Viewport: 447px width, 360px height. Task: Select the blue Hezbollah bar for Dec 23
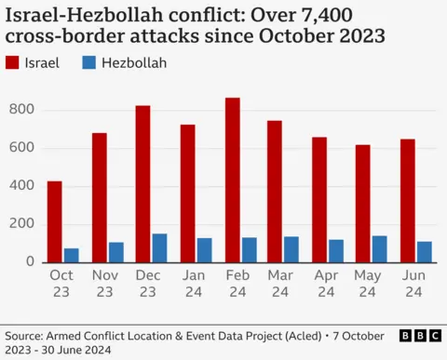[x=160, y=247]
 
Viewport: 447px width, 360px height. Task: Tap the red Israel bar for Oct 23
[x=55, y=221]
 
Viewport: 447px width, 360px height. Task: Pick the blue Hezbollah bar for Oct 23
[x=72, y=255]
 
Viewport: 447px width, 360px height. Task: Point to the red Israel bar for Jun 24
[x=408, y=200]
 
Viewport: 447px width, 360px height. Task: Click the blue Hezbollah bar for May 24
[x=380, y=248]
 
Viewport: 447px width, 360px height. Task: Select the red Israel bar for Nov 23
[x=100, y=197]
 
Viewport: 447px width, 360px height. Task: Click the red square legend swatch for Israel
[x=13, y=63]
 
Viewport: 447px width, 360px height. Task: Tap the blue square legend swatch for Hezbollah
[x=88, y=63]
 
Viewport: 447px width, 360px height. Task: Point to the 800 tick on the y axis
[x=21, y=110]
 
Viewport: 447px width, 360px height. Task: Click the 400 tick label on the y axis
[x=21, y=186]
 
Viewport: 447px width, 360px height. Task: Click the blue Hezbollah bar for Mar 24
[x=291, y=249]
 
